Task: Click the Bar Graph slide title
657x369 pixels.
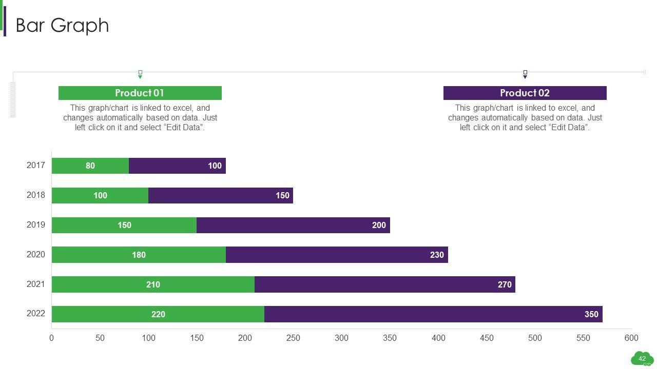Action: (x=62, y=25)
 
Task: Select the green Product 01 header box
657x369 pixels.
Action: (x=140, y=93)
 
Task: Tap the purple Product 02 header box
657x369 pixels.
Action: (x=525, y=93)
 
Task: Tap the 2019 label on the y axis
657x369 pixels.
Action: (x=36, y=224)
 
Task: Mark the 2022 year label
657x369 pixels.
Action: (x=36, y=314)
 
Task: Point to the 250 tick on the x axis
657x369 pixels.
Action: (x=293, y=338)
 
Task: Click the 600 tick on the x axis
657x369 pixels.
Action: (x=631, y=338)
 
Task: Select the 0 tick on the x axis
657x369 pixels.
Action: (x=51, y=338)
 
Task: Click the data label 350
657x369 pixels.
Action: (x=591, y=314)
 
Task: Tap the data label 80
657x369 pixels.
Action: (x=90, y=166)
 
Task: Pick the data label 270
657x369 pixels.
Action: (x=505, y=284)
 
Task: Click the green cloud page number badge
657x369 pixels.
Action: (x=642, y=358)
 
